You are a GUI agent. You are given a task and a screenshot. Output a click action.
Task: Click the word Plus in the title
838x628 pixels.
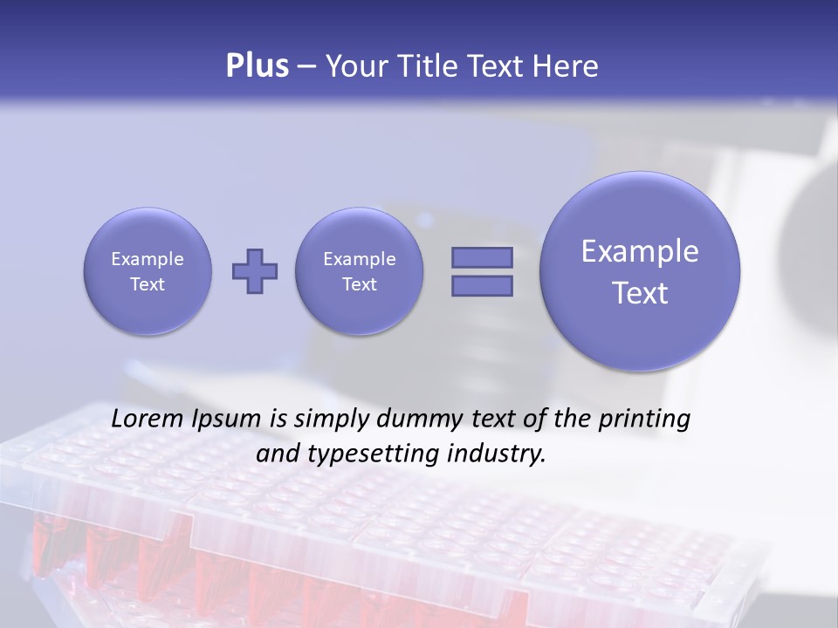coord(257,65)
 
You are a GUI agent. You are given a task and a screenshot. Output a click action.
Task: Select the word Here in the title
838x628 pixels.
coord(567,66)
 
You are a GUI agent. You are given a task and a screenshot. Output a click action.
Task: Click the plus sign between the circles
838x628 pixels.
coord(255,271)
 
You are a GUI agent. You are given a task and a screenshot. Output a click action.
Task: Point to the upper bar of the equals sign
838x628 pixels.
coord(482,258)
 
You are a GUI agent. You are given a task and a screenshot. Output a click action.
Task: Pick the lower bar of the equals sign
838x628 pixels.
coord(482,285)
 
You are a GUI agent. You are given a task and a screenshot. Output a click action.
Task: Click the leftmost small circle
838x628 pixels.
coord(148,271)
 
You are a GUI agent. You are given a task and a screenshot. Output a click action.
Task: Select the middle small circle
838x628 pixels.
coord(360,271)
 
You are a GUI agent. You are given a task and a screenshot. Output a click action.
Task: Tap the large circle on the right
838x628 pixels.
coord(640,271)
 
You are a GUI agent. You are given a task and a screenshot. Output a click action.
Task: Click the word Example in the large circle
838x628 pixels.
coord(640,251)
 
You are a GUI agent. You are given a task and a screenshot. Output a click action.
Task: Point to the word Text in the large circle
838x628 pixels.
coord(640,293)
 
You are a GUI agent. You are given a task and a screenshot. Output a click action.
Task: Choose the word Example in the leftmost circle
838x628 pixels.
coord(148,259)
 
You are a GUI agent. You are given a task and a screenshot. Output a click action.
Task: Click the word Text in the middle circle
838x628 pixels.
coord(360,284)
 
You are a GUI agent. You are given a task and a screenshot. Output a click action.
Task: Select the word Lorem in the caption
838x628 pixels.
coord(148,419)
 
